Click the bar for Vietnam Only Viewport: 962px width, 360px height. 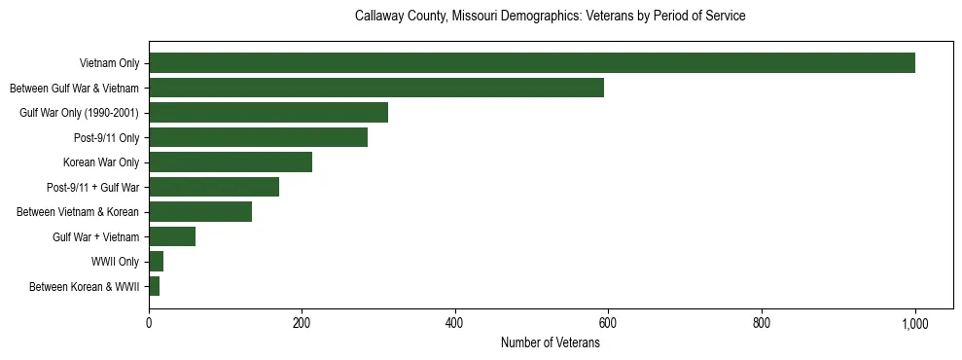pyautogui.click(x=531, y=63)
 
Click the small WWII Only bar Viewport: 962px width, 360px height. pyautogui.click(x=156, y=262)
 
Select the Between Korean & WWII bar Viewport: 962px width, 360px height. pyautogui.click(x=154, y=286)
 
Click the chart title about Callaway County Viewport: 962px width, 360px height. pyautogui.click(x=550, y=17)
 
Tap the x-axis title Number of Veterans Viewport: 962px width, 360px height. pyautogui.click(x=550, y=343)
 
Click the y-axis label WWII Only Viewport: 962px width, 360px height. pyautogui.click(x=115, y=262)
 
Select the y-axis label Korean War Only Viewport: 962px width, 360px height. pyautogui.click(x=101, y=162)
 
